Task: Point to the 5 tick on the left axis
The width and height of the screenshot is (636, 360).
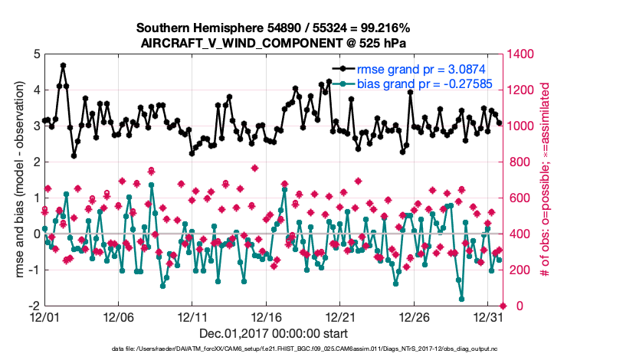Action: pos(36,54)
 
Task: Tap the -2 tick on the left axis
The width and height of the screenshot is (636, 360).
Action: pos(34,306)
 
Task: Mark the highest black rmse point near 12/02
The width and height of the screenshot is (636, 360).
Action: pos(63,66)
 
